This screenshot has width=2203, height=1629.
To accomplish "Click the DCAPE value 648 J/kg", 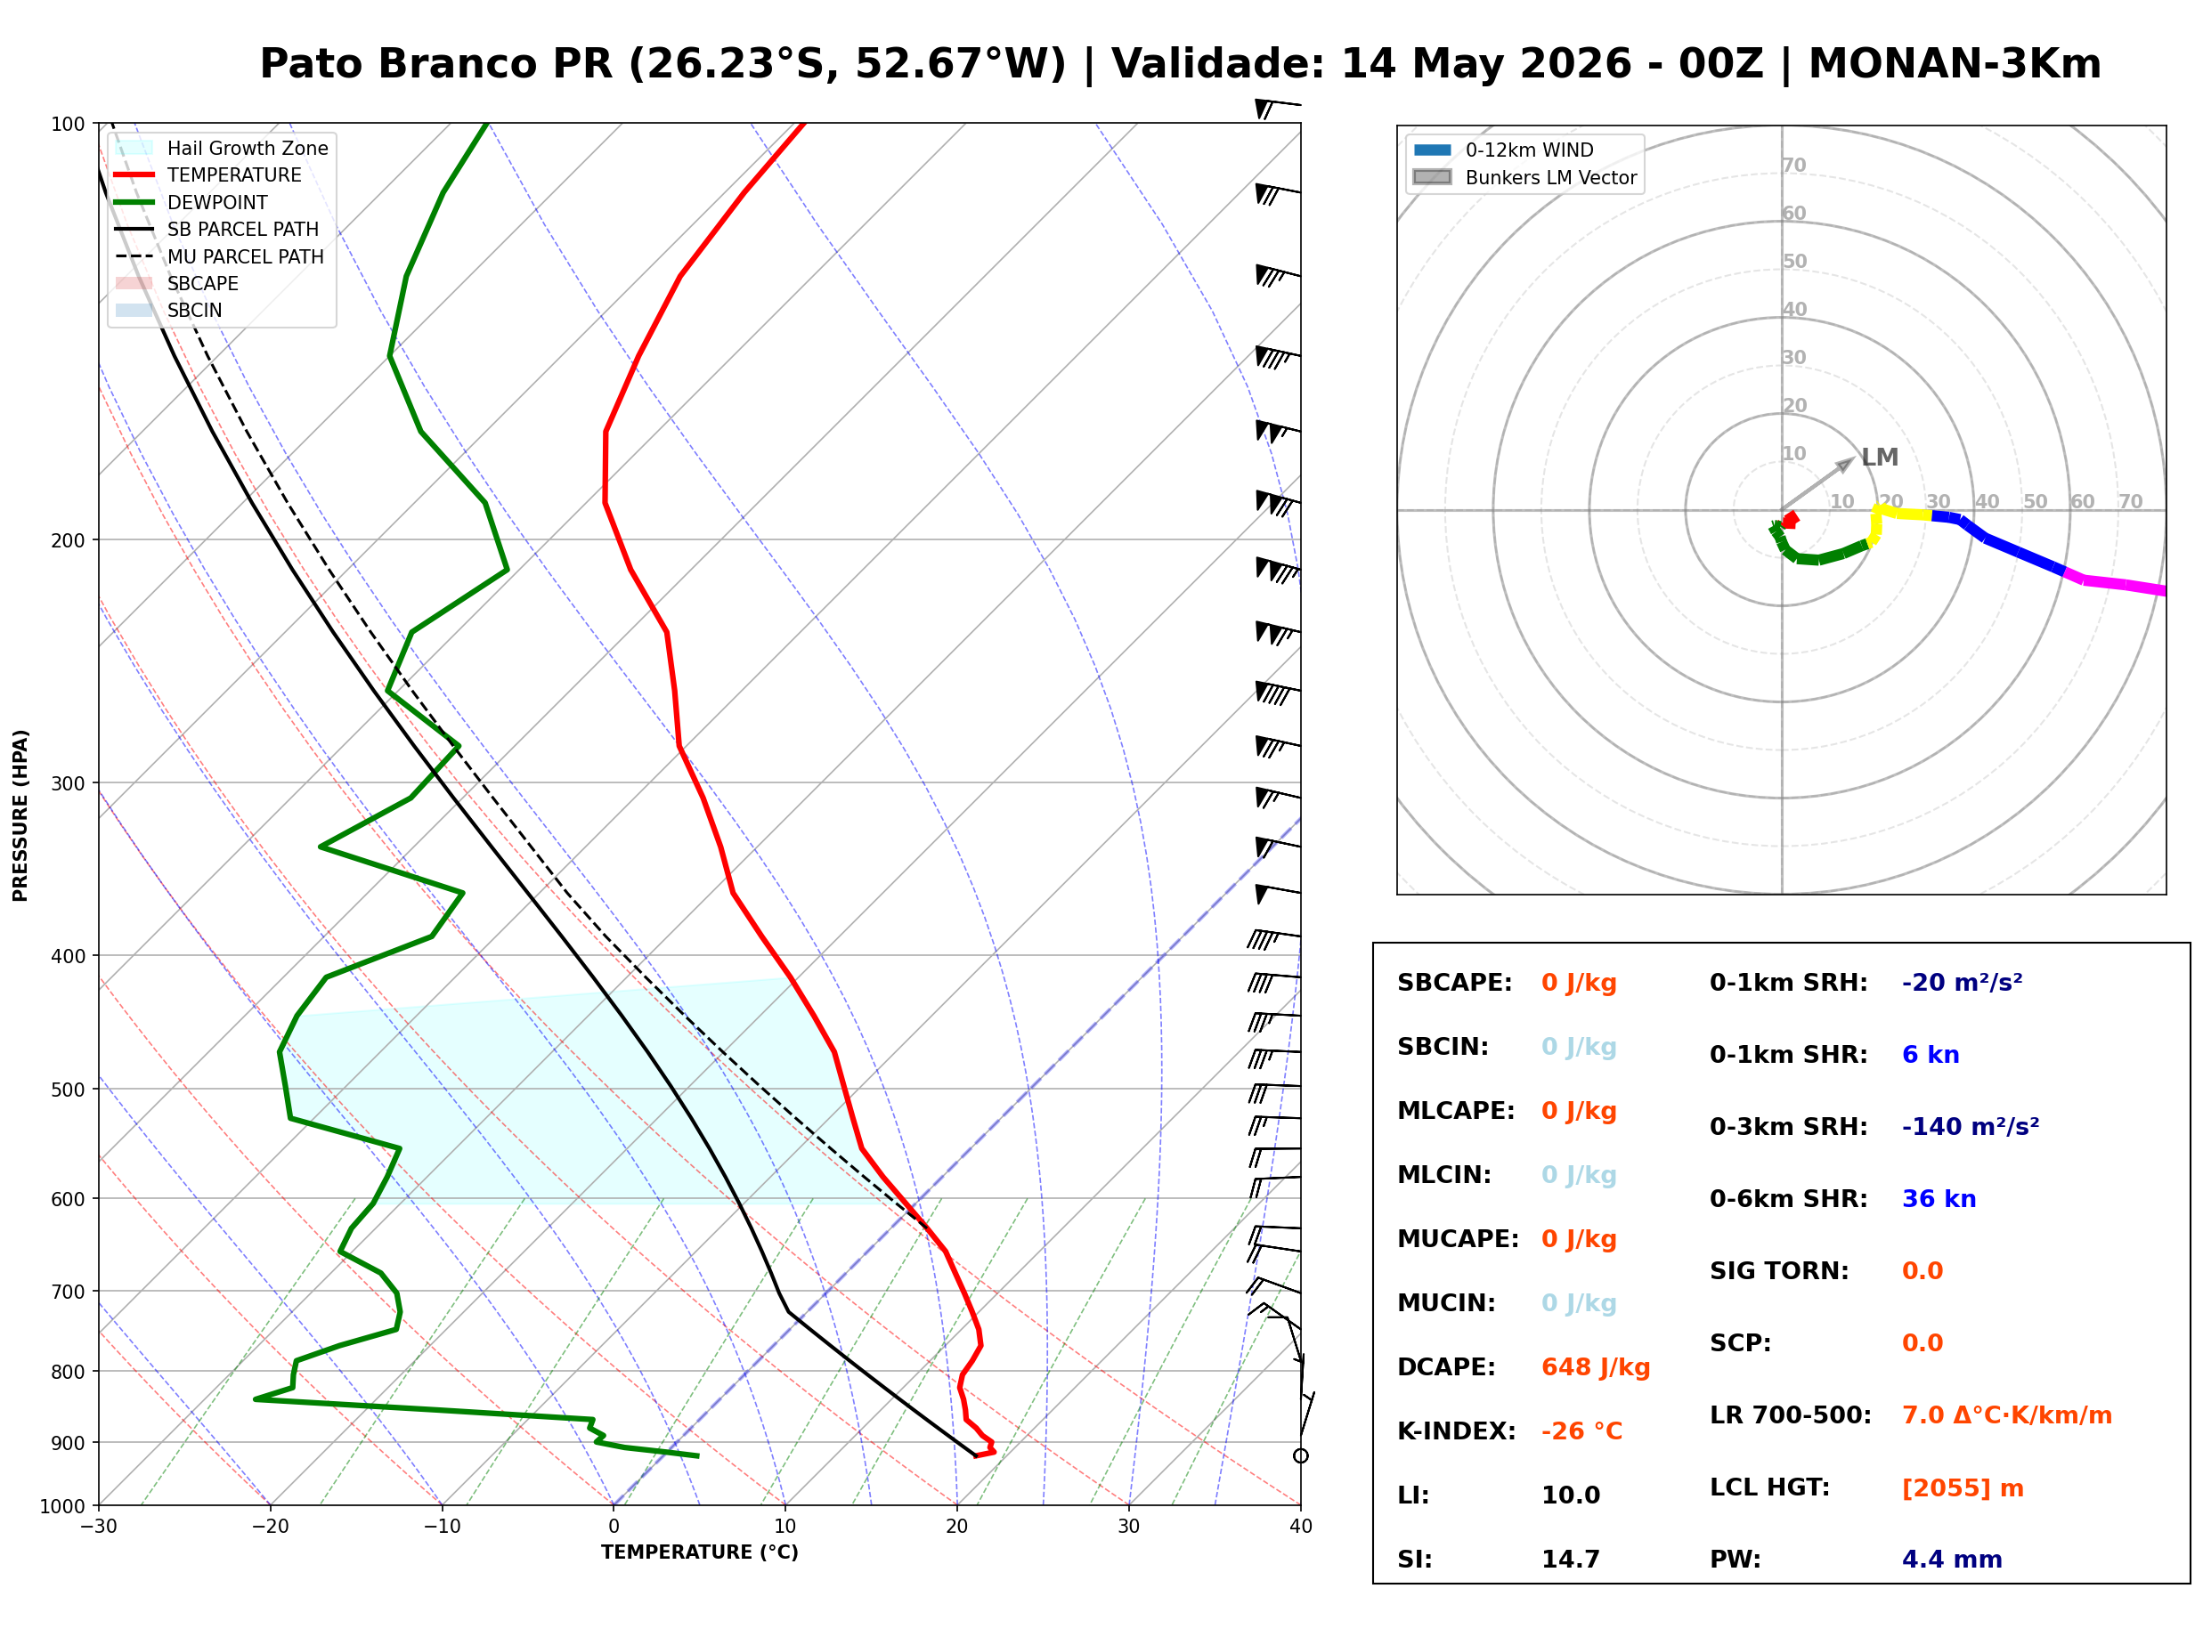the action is [x=1595, y=1366].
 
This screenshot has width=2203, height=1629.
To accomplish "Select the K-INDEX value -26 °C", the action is [x=1581, y=1430].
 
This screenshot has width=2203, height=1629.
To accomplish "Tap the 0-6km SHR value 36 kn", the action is [x=1938, y=1199].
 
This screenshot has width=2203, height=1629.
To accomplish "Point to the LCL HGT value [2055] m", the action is [x=1962, y=1488].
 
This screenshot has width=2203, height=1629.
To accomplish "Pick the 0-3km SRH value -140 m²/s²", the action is [x=1970, y=1126].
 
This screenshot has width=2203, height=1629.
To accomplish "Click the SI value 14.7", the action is [x=1570, y=1559].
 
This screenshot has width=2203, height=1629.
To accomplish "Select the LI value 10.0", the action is [x=1570, y=1495].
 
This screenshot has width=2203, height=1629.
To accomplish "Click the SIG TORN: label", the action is [x=1778, y=1271].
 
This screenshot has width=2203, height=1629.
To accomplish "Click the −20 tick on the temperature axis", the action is [x=269, y=1527].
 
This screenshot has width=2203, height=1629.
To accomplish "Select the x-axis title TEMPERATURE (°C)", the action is [x=699, y=1552].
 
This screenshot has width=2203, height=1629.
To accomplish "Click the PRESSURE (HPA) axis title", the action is [x=20, y=815].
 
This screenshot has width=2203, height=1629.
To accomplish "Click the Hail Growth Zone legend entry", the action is [x=221, y=148].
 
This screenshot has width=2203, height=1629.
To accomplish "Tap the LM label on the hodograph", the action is [x=1879, y=458].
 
